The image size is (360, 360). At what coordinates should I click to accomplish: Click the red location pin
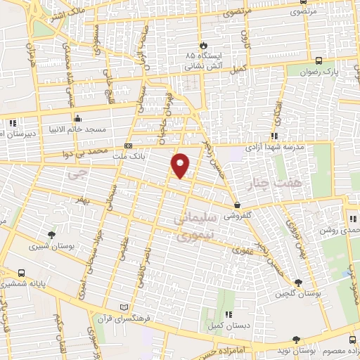point(181,165)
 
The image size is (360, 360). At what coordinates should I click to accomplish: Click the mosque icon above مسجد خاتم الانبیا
point(77,117)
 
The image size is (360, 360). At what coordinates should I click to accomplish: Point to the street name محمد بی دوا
point(91,151)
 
